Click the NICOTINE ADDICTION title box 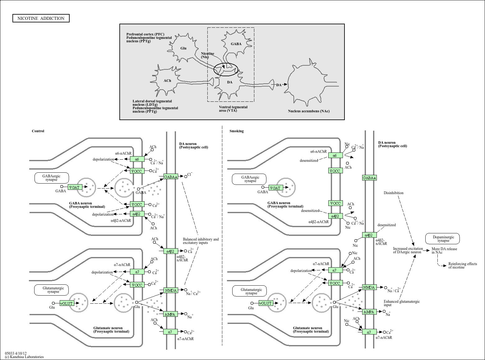pos(41,18)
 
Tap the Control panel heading pos(38,131)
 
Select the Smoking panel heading pos(237,131)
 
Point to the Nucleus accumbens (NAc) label pos(308,111)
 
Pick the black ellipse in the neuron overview pos(226,69)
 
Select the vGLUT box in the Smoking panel pos(265,303)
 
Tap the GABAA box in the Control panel pos(171,177)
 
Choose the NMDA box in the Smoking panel pos(369,287)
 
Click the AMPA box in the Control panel pos(170,314)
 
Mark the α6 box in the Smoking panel pos(335,155)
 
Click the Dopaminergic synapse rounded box pos(442,239)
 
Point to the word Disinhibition pos(393,193)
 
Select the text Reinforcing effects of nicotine pos(462,265)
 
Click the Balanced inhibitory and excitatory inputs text pos(201,241)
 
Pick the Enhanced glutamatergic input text pos(401,303)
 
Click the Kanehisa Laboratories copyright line pos(24,357)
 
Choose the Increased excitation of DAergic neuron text pos(408,250)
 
